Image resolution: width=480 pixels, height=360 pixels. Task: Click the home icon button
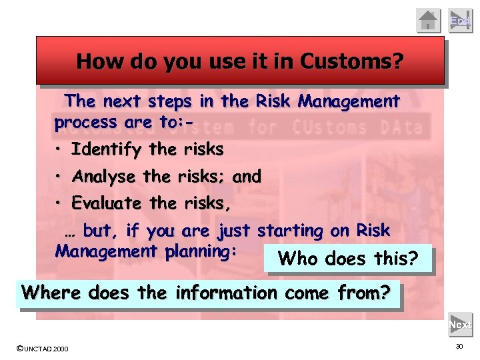pos(429,20)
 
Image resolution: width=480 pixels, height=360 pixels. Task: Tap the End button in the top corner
pos(459,20)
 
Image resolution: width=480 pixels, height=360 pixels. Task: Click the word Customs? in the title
pos(352,61)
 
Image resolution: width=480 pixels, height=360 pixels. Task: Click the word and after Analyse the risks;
pos(247,177)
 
